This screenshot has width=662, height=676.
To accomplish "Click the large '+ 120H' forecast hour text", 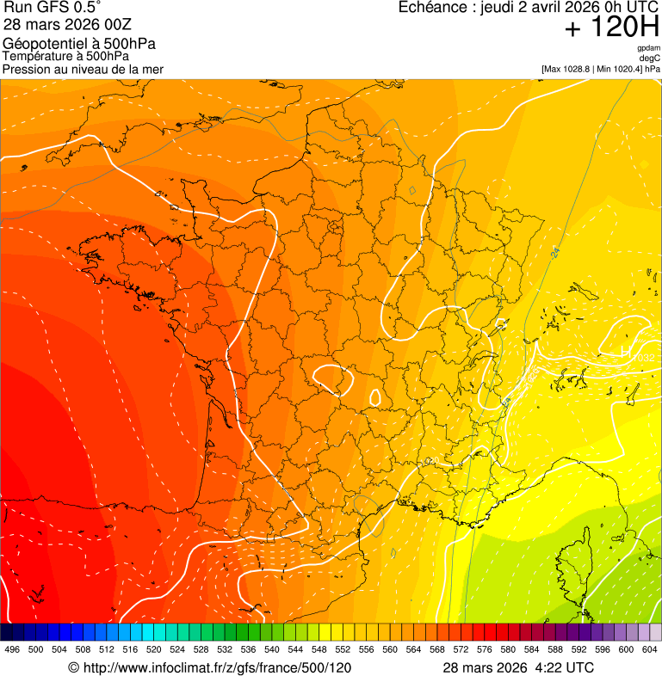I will (x=611, y=28).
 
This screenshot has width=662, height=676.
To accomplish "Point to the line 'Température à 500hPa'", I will (x=65, y=56).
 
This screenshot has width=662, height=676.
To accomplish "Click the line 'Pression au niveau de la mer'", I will (x=83, y=69).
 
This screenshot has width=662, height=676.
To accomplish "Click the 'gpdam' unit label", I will (x=648, y=48).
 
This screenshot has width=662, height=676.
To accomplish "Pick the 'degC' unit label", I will (x=651, y=58).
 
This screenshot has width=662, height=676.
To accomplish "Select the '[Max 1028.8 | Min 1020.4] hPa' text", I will (x=600, y=69).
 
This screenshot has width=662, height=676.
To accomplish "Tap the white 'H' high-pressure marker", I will (x=625, y=352).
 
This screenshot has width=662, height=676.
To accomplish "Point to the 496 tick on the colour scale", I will (x=12, y=649).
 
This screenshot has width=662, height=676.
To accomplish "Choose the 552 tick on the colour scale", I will (x=343, y=649).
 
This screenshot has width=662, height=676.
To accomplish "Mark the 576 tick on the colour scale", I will (x=485, y=649).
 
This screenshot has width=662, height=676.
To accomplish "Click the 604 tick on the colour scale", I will (x=650, y=649).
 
